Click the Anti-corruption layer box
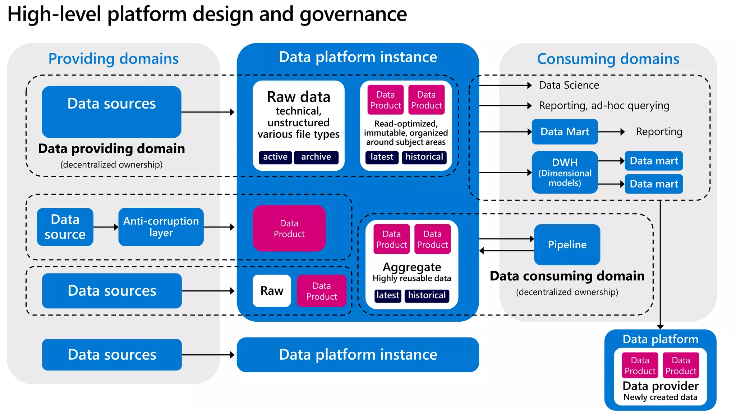(161, 227)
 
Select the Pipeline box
(567, 245)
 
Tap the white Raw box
(272, 291)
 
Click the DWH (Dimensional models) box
(565, 172)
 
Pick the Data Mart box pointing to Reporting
(565, 132)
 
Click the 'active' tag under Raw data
(275, 157)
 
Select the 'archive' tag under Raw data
(316, 157)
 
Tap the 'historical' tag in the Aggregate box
(427, 295)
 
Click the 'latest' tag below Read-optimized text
(382, 157)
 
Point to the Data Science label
(569, 85)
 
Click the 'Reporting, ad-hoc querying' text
(604, 106)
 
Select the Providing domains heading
(113, 59)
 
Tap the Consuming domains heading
(608, 59)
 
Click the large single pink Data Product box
(289, 229)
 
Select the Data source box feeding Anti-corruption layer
(65, 227)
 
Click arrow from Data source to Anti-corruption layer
(106, 227)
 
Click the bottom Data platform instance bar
(358, 355)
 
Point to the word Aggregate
(412, 267)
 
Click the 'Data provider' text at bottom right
(661, 386)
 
